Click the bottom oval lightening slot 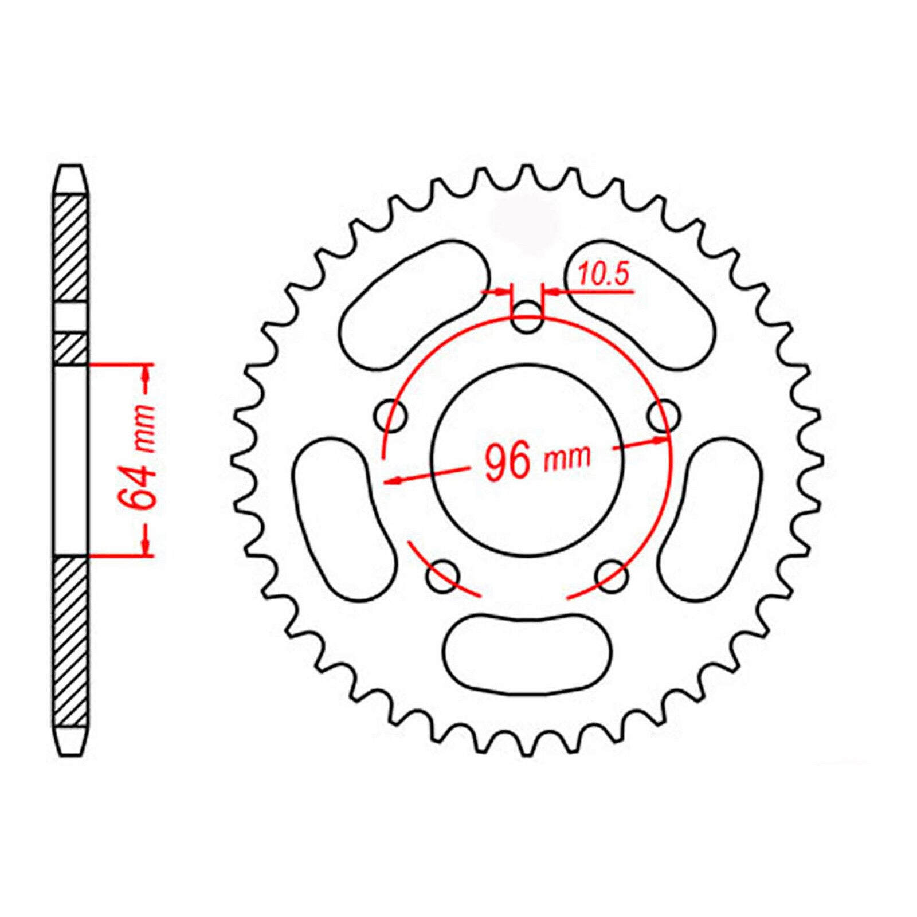(x=527, y=653)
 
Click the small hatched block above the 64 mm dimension (x=71, y=348)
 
